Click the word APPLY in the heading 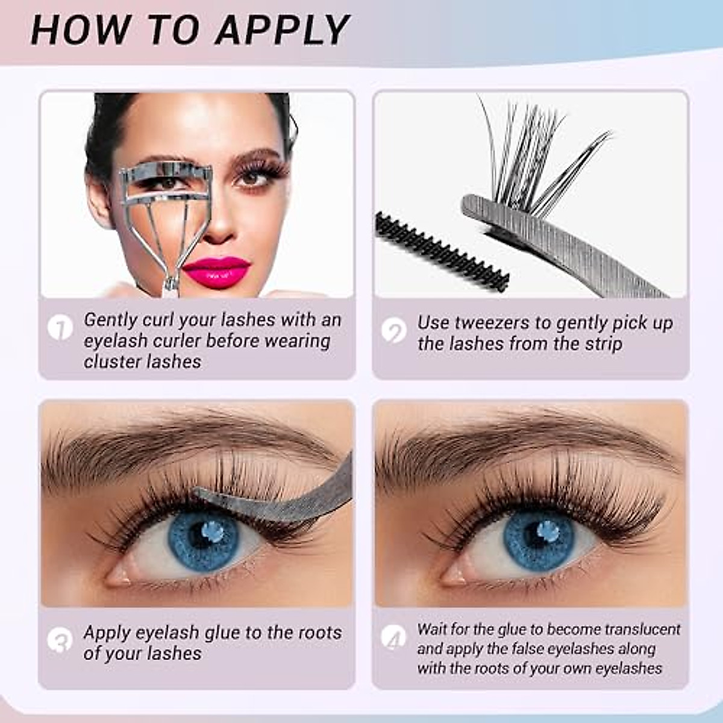coord(282,30)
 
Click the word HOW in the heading coord(80,30)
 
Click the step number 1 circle coord(60,328)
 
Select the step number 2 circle coord(394,331)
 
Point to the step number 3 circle coord(60,640)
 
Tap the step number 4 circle coord(394,637)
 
